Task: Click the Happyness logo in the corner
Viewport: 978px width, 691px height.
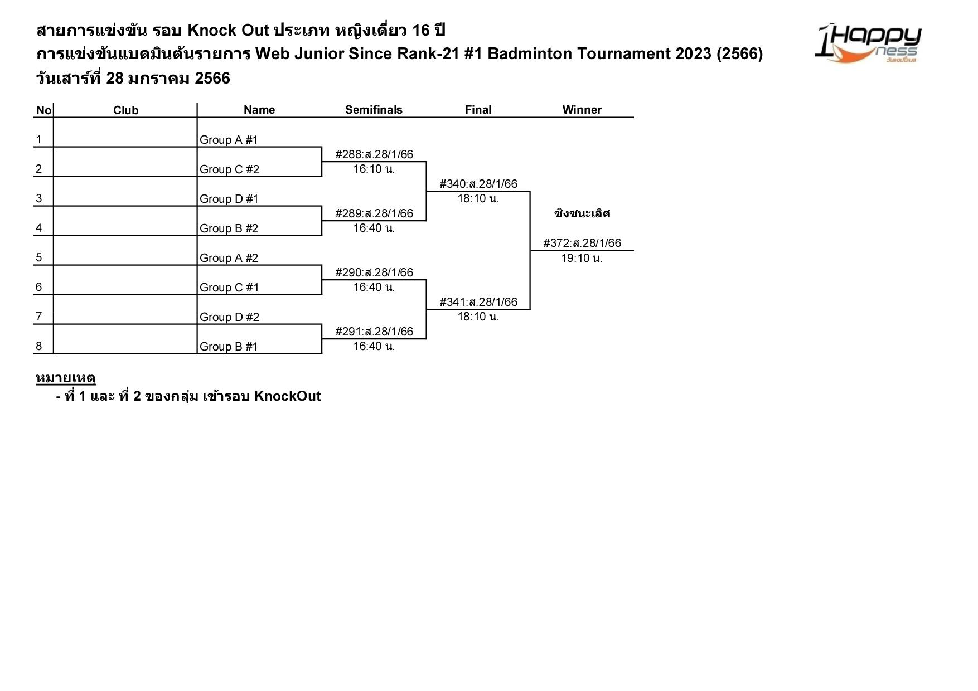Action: point(868,42)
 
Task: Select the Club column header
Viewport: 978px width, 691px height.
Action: point(125,110)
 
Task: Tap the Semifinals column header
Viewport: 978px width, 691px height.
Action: point(374,110)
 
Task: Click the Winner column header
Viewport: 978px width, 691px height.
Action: point(582,110)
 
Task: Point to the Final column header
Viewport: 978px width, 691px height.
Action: point(478,110)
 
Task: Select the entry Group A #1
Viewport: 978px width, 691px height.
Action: point(229,140)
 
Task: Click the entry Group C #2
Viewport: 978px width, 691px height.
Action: point(229,169)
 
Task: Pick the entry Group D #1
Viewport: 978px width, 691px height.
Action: point(229,199)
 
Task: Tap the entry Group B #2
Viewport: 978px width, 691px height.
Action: point(229,228)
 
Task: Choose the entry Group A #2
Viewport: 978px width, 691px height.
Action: point(229,258)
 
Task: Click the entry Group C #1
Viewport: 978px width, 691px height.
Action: point(229,288)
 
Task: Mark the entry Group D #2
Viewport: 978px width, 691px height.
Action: point(229,317)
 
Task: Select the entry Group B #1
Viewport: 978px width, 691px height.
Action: point(229,347)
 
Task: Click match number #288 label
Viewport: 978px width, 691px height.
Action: point(374,154)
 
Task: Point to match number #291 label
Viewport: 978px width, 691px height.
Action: point(374,332)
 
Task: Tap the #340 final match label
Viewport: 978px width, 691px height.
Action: point(478,184)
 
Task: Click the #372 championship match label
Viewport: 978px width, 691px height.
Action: point(582,243)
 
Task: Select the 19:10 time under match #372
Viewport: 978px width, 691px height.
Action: point(582,258)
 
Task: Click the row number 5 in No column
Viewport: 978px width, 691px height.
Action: point(38,257)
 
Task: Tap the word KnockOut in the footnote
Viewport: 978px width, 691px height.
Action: point(287,396)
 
